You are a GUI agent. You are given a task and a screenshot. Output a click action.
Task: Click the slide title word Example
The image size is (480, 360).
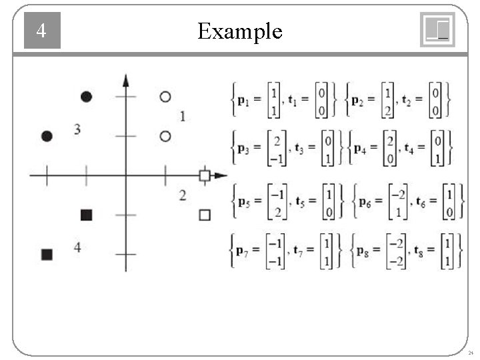pos(240,31)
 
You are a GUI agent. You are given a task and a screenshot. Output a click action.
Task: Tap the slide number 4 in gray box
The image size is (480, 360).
pos(41,31)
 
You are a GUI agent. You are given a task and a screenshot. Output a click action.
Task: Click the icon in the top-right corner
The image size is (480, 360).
pos(437,30)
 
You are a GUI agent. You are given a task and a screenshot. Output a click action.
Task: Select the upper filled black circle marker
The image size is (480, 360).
pos(86,97)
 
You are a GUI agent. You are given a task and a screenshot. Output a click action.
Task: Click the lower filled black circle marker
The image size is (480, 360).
pos(47,136)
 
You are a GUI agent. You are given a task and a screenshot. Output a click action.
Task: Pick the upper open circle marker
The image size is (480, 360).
pos(165,97)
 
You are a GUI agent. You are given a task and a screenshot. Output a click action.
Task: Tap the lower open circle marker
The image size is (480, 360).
pos(165,136)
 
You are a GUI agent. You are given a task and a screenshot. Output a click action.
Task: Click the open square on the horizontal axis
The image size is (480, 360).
pos(205,175)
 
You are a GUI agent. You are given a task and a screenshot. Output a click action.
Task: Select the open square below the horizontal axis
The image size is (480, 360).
pos(205,215)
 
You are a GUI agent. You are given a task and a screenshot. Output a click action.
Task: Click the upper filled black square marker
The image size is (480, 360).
pos(86,215)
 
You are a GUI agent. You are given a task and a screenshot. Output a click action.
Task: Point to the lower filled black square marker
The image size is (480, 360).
pos(47,254)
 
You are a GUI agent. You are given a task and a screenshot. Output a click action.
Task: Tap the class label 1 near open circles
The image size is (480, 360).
pos(183,117)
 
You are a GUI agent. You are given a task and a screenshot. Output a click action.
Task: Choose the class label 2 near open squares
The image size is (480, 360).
pos(183,195)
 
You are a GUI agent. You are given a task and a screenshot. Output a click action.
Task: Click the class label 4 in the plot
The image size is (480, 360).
pos(77,248)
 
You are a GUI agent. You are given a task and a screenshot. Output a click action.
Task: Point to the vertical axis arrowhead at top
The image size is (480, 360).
pos(126,80)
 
